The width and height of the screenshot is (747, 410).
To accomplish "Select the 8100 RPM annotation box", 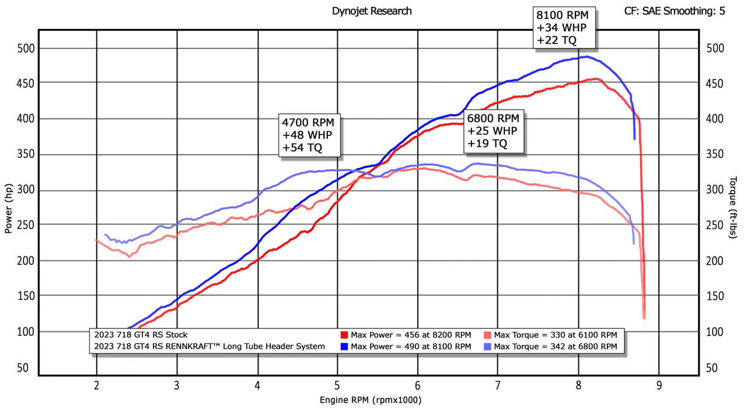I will pos(564,27).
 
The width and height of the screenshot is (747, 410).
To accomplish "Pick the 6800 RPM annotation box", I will pos(494,131).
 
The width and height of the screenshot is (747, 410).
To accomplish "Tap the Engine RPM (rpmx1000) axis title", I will pos(370,400).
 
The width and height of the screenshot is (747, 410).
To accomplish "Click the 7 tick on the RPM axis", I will pos(498,386).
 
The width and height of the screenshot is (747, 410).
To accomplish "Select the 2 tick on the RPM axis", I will pos(96,386).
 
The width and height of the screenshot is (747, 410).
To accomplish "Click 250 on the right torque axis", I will pos(715,226).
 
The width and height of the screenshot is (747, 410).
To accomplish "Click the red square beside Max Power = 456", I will pos(344,335).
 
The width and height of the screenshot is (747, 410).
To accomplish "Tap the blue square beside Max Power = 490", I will pos(344,346).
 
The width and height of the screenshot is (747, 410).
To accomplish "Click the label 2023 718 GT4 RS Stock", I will pos(141,335).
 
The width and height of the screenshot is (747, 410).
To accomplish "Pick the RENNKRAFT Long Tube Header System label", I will pos(210,346).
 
